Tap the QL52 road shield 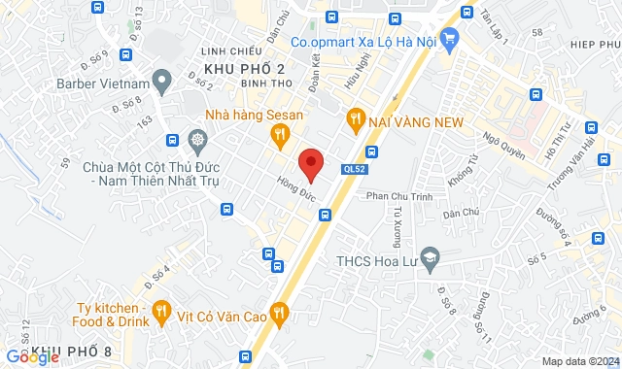[355, 169]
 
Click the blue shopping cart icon [448, 39]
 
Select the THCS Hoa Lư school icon [432, 259]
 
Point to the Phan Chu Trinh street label [397, 196]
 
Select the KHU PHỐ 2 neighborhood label [244, 68]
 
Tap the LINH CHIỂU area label [229, 50]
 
